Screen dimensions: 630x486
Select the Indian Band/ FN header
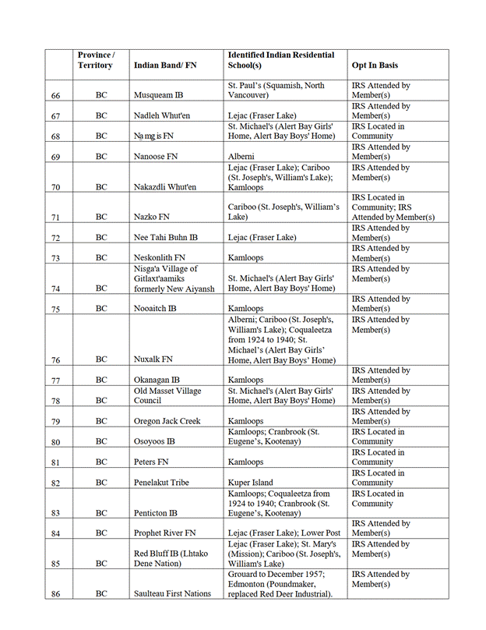tap(165, 65)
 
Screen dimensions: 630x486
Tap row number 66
tap(56, 95)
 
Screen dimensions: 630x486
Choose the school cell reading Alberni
tap(243, 157)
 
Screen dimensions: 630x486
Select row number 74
tap(56, 288)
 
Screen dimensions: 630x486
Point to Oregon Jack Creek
tap(167, 421)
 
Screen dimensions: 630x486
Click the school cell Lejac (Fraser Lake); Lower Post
tap(279, 533)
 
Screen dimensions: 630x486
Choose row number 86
tap(56, 593)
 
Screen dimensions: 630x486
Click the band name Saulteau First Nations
tap(172, 593)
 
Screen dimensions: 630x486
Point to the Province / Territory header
tap(96, 60)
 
